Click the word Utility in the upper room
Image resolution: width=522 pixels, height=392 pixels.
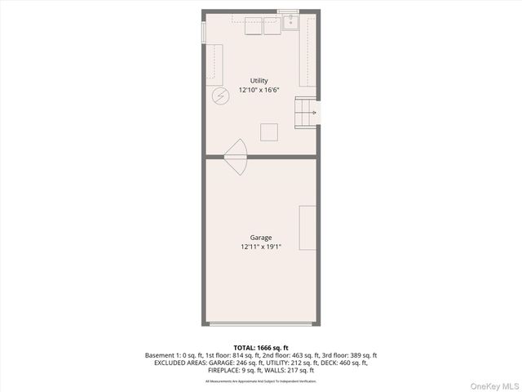click(259, 80)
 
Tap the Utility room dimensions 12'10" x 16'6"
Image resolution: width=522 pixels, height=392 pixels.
click(259, 90)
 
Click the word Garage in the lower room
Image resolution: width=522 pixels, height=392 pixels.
click(261, 238)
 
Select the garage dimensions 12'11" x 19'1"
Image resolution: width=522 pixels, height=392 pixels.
click(261, 247)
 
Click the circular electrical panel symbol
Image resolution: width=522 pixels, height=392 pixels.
click(220, 96)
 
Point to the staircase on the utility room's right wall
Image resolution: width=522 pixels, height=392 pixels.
click(305, 112)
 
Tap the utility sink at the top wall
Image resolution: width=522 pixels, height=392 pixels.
click(290, 23)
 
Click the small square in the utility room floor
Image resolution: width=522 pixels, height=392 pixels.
click(268, 131)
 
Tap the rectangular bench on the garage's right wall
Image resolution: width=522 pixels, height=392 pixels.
click(307, 229)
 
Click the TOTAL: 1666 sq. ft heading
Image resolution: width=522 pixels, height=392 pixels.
click(260, 347)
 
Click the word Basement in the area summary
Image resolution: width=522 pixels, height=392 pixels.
click(161, 355)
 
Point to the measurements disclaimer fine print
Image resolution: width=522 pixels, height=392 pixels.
click(260, 381)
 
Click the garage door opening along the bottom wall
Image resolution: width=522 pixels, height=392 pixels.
click(260, 324)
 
